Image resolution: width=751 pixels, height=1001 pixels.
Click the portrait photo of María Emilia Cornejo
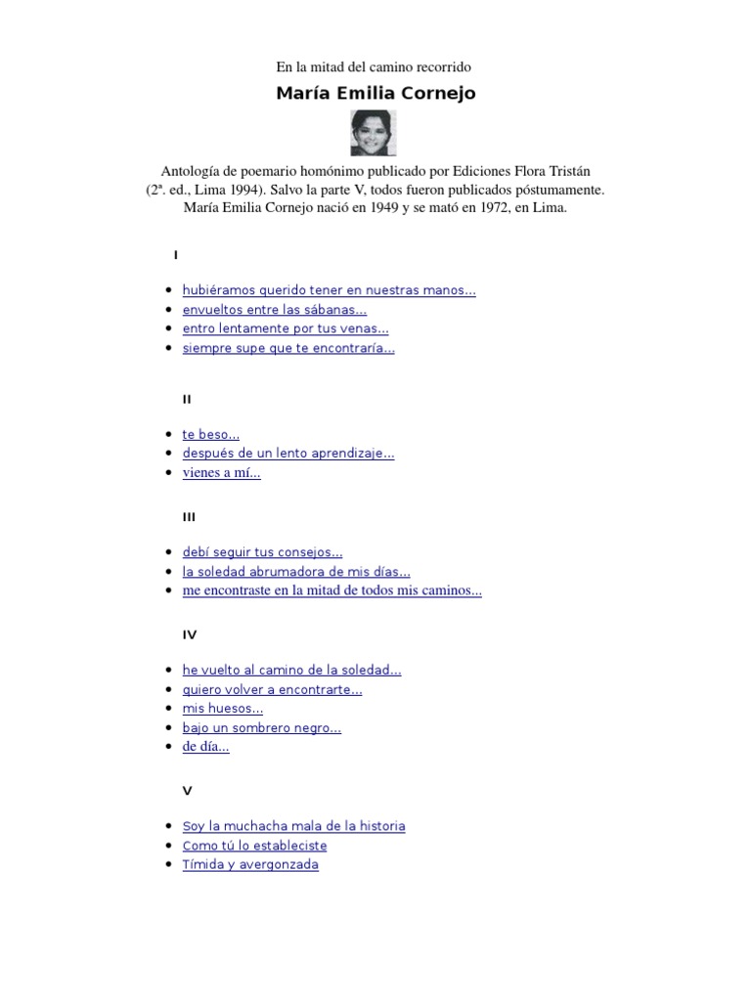(x=375, y=134)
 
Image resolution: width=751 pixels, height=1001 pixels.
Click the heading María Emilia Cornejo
(x=375, y=94)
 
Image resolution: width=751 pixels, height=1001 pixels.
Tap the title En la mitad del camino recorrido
(x=375, y=67)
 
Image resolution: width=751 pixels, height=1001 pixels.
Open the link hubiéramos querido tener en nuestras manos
(x=329, y=290)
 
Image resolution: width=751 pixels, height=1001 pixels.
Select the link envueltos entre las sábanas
(x=274, y=310)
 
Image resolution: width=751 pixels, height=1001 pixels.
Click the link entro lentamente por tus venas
(x=286, y=328)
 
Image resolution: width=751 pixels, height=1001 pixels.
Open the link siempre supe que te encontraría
(x=288, y=348)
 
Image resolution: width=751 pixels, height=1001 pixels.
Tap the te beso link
(x=210, y=434)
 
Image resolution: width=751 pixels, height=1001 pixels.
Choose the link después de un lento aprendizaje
(x=288, y=454)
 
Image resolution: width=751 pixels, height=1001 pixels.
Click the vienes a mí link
(x=221, y=473)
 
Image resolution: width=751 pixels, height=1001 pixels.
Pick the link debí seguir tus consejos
(x=262, y=552)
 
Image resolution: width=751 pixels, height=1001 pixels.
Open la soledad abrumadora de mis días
(x=296, y=572)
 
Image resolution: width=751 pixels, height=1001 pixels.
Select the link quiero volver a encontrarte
(x=272, y=689)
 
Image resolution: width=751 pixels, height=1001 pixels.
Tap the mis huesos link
(x=222, y=709)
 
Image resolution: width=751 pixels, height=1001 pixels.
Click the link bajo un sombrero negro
(x=261, y=728)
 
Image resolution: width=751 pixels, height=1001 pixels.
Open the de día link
(x=205, y=747)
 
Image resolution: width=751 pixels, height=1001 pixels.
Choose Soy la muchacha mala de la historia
(x=293, y=826)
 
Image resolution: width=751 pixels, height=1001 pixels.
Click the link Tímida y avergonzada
(x=250, y=865)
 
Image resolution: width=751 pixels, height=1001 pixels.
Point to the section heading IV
(x=190, y=634)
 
